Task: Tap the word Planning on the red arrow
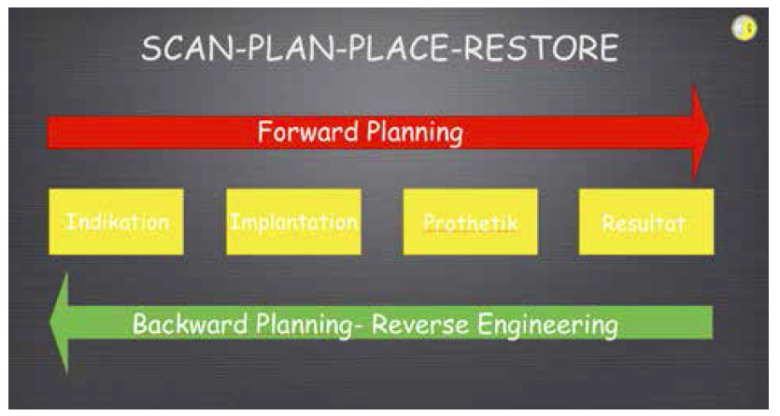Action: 416,133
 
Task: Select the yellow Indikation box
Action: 116,221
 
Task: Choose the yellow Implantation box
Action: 293,221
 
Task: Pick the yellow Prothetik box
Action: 470,221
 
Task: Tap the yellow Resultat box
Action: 646,221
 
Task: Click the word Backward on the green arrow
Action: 190,325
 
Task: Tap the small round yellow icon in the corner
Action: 745,28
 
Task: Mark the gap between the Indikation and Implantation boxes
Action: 205,221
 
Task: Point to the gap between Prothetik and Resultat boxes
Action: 558,221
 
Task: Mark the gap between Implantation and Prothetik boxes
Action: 382,221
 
